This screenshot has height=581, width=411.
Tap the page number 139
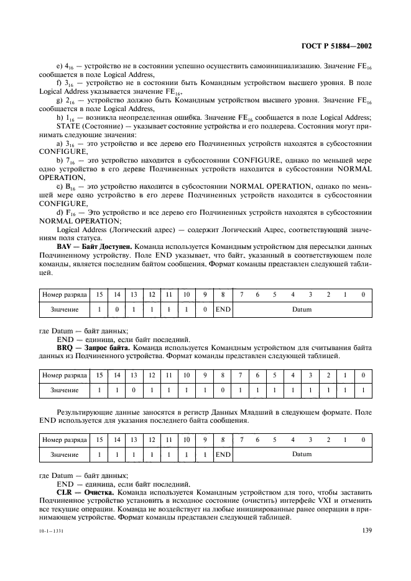[366, 530]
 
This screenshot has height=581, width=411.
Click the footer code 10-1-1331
[52, 531]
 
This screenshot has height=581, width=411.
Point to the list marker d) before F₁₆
[60, 212]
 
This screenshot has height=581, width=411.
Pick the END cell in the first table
[223, 309]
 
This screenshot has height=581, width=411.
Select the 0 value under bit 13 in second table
[133, 390]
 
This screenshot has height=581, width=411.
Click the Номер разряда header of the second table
[64, 375]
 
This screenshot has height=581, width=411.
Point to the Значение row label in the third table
[64, 454]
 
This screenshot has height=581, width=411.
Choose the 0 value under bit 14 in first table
[116, 309]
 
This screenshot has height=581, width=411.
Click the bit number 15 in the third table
[98, 439]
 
